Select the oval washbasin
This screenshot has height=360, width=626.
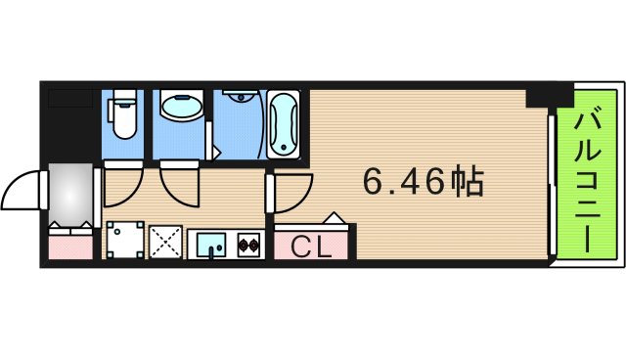178,109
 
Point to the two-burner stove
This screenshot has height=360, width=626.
246,243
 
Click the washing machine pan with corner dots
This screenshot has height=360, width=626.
124,241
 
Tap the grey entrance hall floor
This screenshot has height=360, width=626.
69,192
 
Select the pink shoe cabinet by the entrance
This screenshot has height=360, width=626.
68,242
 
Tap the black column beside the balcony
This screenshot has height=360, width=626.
548,96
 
